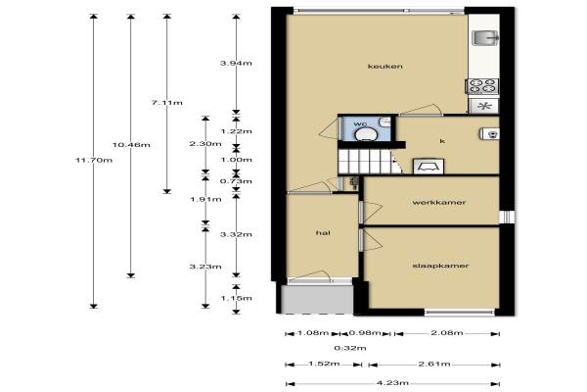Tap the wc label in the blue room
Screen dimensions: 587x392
(x=360, y=123)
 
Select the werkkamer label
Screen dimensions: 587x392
(x=439, y=203)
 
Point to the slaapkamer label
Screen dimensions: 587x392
(x=440, y=266)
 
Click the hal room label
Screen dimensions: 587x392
(x=323, y=233)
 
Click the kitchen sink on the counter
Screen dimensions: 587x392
(x=485, y=38)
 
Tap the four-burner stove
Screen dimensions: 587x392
(x=482, y=86)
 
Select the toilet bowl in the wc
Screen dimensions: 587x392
(x=366, y=134)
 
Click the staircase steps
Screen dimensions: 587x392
(x=366, y=162)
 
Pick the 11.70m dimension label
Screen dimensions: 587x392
(x=94, y=161)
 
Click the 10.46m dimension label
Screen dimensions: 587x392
(x=131, y=145)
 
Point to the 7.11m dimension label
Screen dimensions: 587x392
(x=167, y=103)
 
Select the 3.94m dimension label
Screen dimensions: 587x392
(x=236, y=64)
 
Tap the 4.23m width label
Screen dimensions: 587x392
(x=392, y=383)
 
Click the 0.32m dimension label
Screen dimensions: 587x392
(x=350, y=348)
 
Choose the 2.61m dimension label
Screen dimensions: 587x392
(x=434, y=364)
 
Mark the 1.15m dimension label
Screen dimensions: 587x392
(x=236, y=299)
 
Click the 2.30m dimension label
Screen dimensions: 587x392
(x=205, y=144)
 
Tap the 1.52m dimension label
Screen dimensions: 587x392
(x=324, y=364)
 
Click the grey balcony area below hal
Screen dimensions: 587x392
(x=317, y=299)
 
